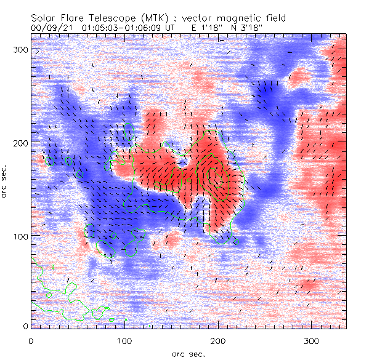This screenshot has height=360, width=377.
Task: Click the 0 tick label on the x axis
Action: [31, 340]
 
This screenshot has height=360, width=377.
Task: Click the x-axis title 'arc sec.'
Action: [188, 353]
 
